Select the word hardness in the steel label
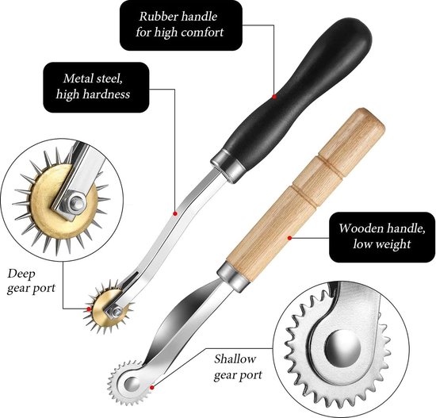pos(107,94)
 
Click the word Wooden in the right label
pos(360,228)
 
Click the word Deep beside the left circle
pos(21,274)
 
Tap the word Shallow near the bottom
pos(235,359)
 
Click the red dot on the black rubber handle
pos(274,97)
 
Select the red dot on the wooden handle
pos(289,238)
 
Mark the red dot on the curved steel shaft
pos(175,213)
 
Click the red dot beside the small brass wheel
pos(89,309)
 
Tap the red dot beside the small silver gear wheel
pos(151,387)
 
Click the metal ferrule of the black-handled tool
pos(228,166)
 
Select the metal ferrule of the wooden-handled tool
pos(233,276)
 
